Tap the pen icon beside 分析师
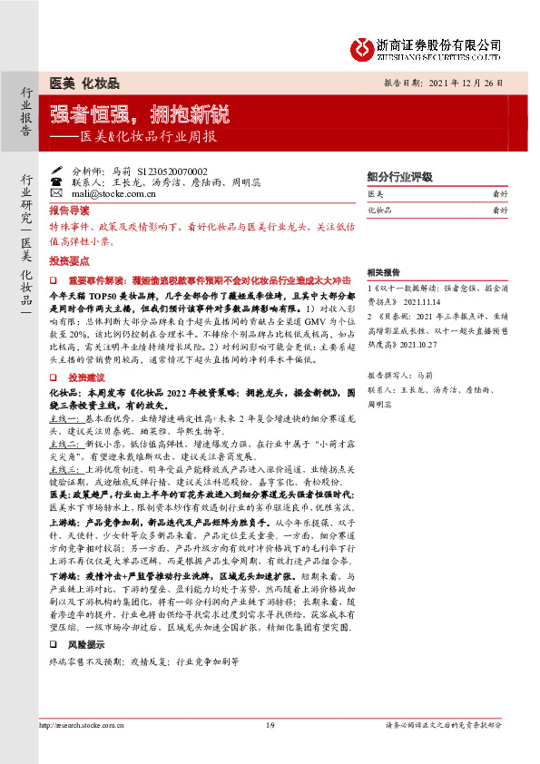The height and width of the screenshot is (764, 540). click(56, 171)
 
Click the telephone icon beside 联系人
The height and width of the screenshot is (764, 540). click(56, 182)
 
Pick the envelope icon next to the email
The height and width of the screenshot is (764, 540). click(56, 193)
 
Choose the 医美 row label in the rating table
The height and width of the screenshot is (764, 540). click(376, 194)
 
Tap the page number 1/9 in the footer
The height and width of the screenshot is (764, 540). click(270, 749)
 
